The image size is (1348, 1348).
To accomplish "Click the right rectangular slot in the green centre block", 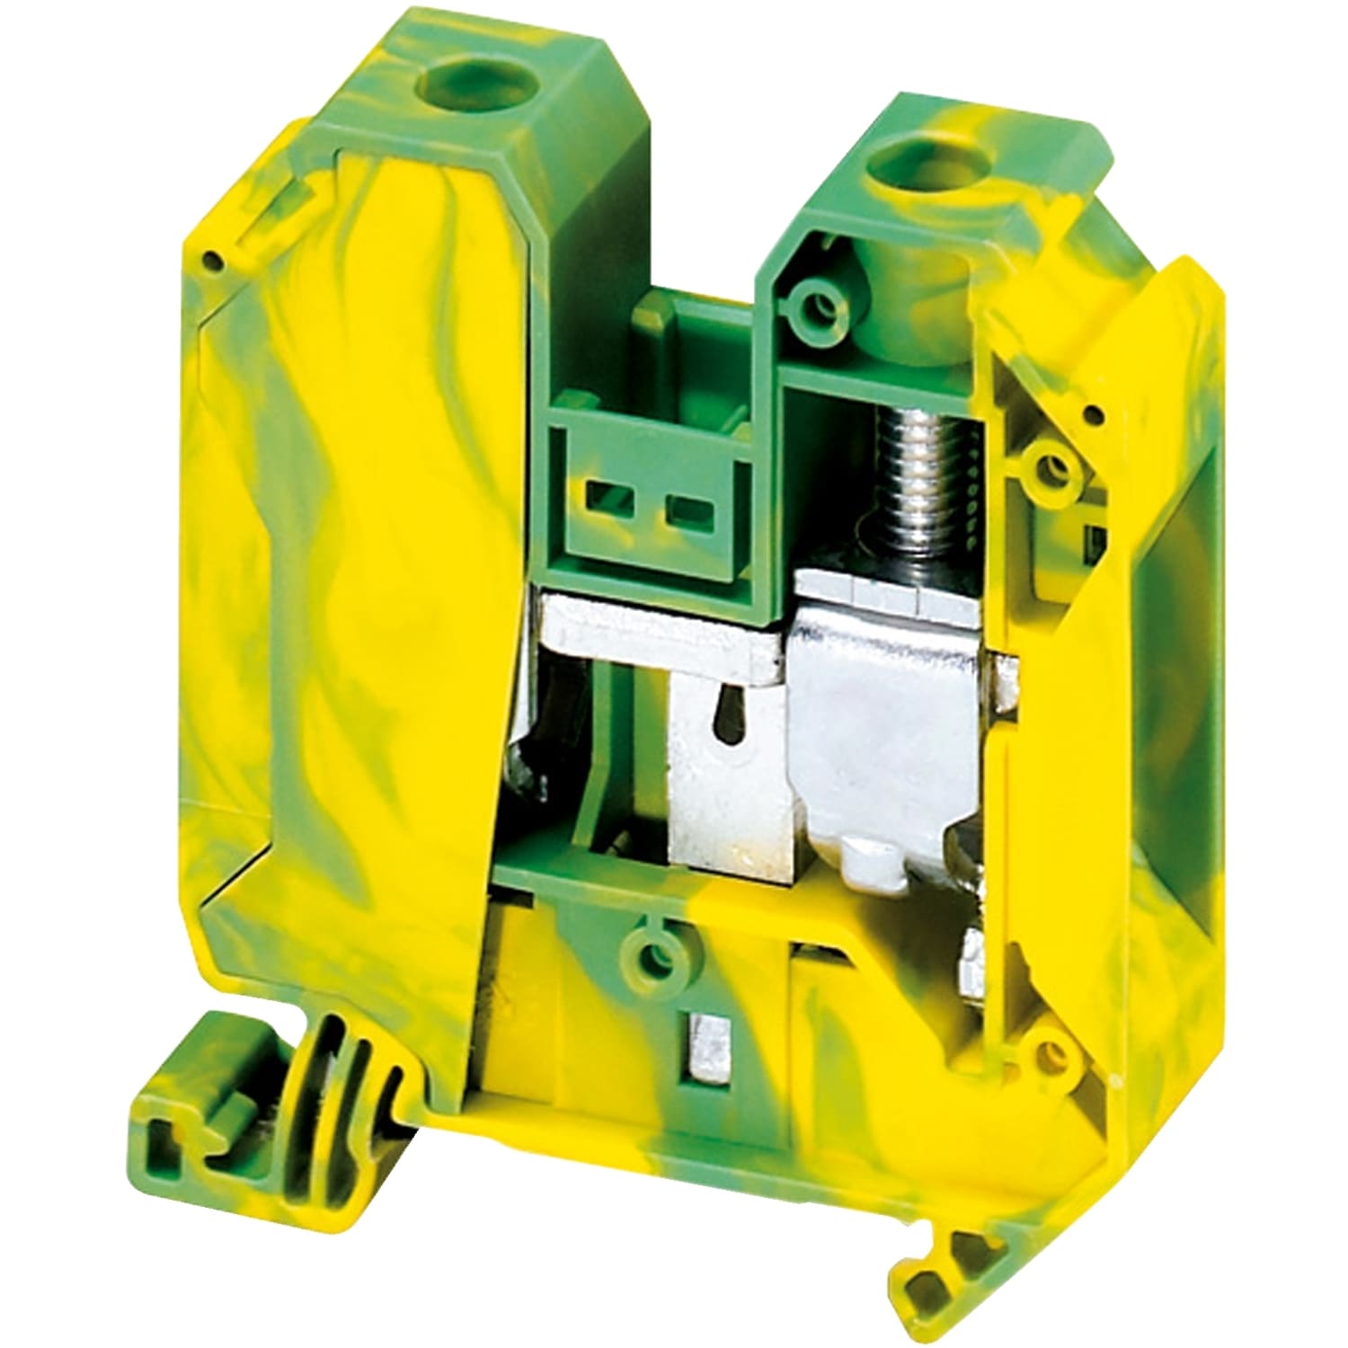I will click(687, 514).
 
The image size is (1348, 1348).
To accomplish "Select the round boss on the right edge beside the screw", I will click(1049, 466).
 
